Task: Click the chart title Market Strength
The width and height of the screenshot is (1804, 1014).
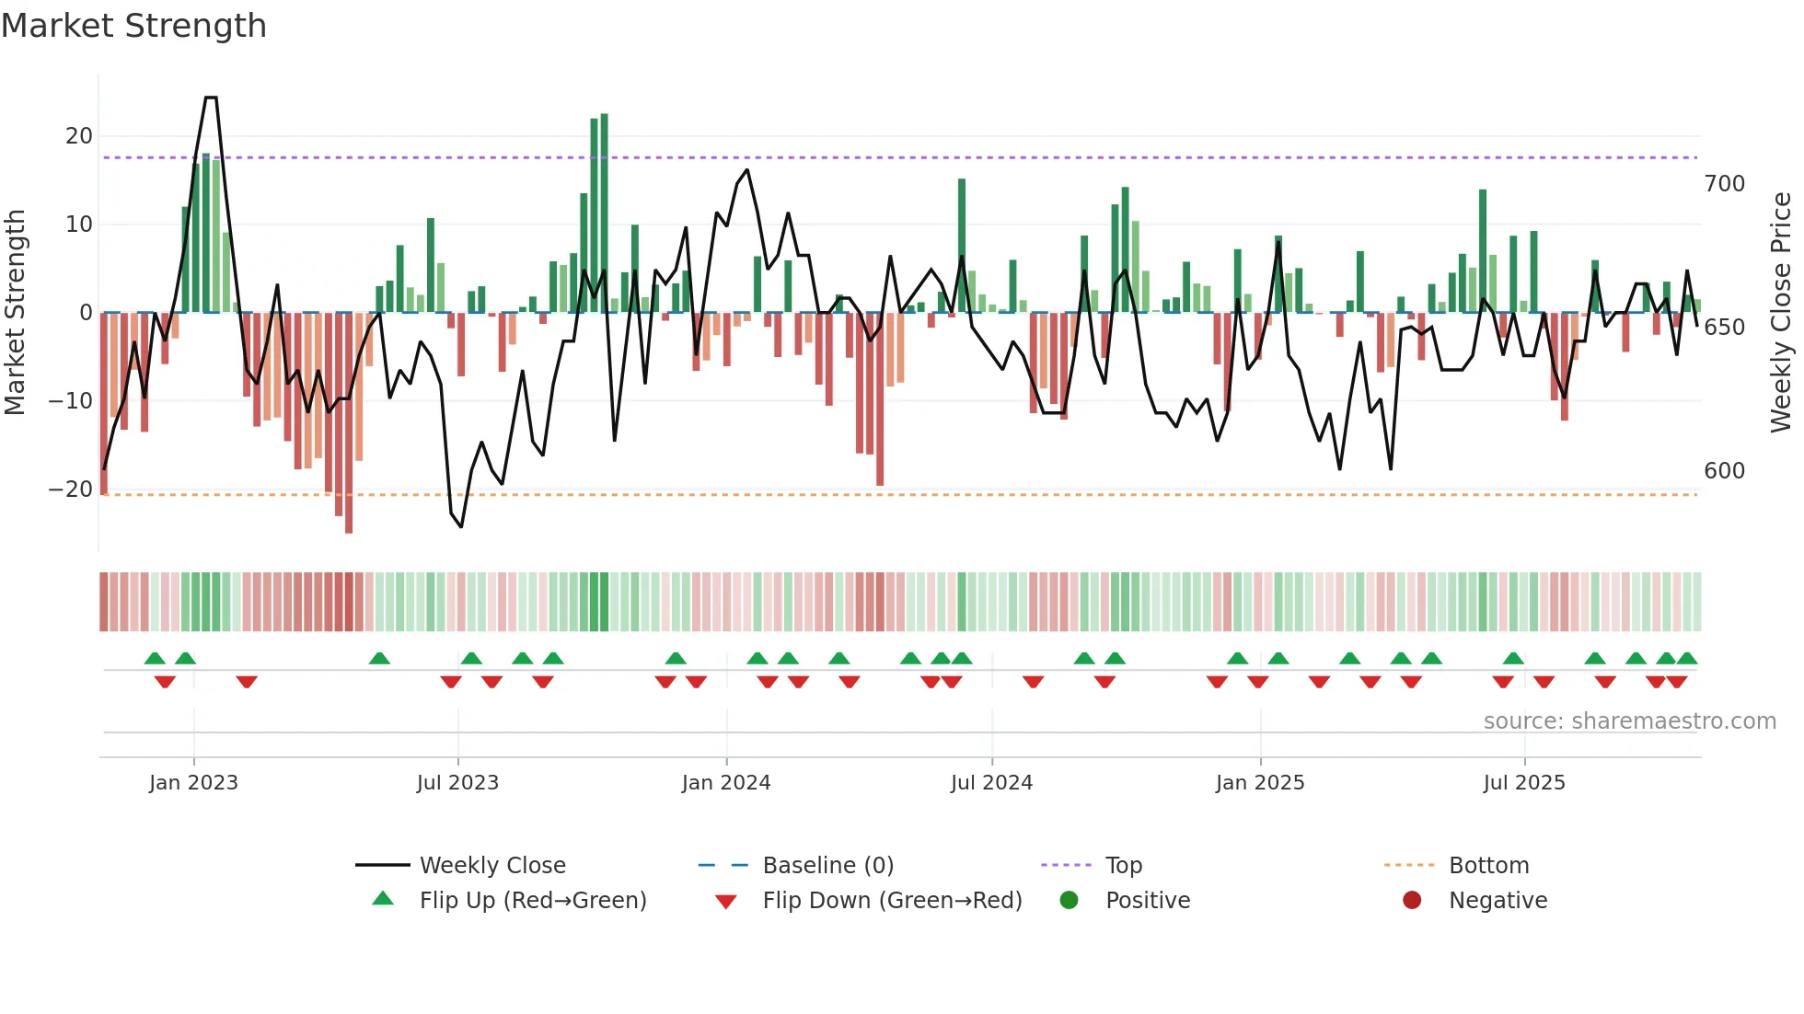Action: [x=133, y=26]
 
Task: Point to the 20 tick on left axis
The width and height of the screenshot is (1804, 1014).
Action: [x=79, y=136]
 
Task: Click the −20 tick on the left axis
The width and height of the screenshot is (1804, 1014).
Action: [x=71, y=490]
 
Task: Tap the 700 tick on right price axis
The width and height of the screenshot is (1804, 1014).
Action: [x=1724, y=184]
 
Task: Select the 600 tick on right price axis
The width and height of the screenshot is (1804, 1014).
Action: [x=1724, y=471]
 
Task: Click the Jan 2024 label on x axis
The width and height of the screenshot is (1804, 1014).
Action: [x=726, y=783]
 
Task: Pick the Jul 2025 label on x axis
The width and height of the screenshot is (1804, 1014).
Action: [x=1524, y=783]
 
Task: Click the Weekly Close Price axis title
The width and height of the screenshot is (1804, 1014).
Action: [x=1781, y=313]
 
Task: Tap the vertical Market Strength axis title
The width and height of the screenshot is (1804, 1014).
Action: [x=15, y=313]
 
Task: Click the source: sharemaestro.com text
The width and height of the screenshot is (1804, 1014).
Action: [x=1629, y=721]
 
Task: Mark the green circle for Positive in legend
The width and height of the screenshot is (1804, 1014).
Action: [x=1069, y=900]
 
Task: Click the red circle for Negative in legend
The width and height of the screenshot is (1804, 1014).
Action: [x=1412, y=900]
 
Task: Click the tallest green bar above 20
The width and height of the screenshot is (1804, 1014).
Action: [x=604, y=212]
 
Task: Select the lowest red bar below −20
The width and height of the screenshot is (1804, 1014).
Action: [x=349, y=423]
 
